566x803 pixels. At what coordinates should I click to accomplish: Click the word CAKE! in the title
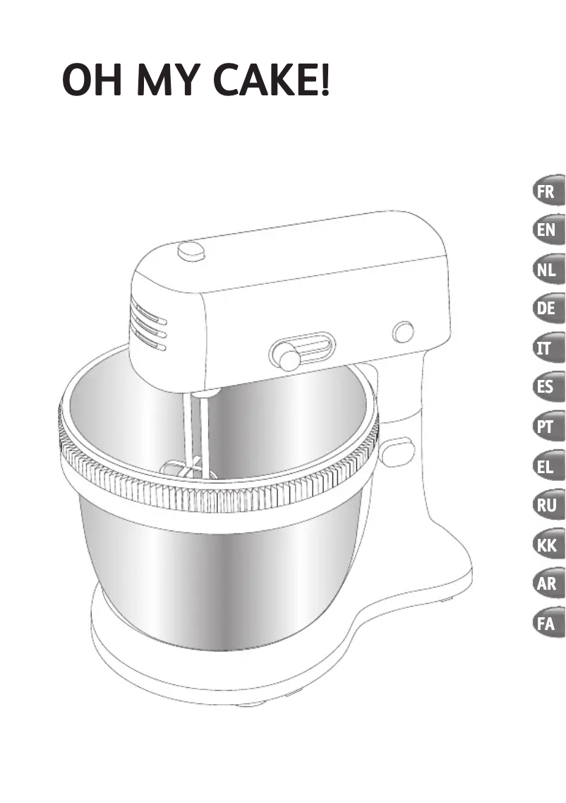[271, 79]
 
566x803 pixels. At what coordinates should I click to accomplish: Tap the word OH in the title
[92, 79]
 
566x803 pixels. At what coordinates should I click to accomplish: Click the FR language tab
[548, 191]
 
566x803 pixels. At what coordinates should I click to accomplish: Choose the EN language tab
[548, 230]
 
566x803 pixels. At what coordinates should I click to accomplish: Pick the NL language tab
[548, 269]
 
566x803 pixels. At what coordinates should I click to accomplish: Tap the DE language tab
[548, 309]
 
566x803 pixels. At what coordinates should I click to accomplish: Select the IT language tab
[548, 347]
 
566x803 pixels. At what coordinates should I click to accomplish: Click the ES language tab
[548, 386]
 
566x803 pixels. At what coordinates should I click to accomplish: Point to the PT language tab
[548, 426]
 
